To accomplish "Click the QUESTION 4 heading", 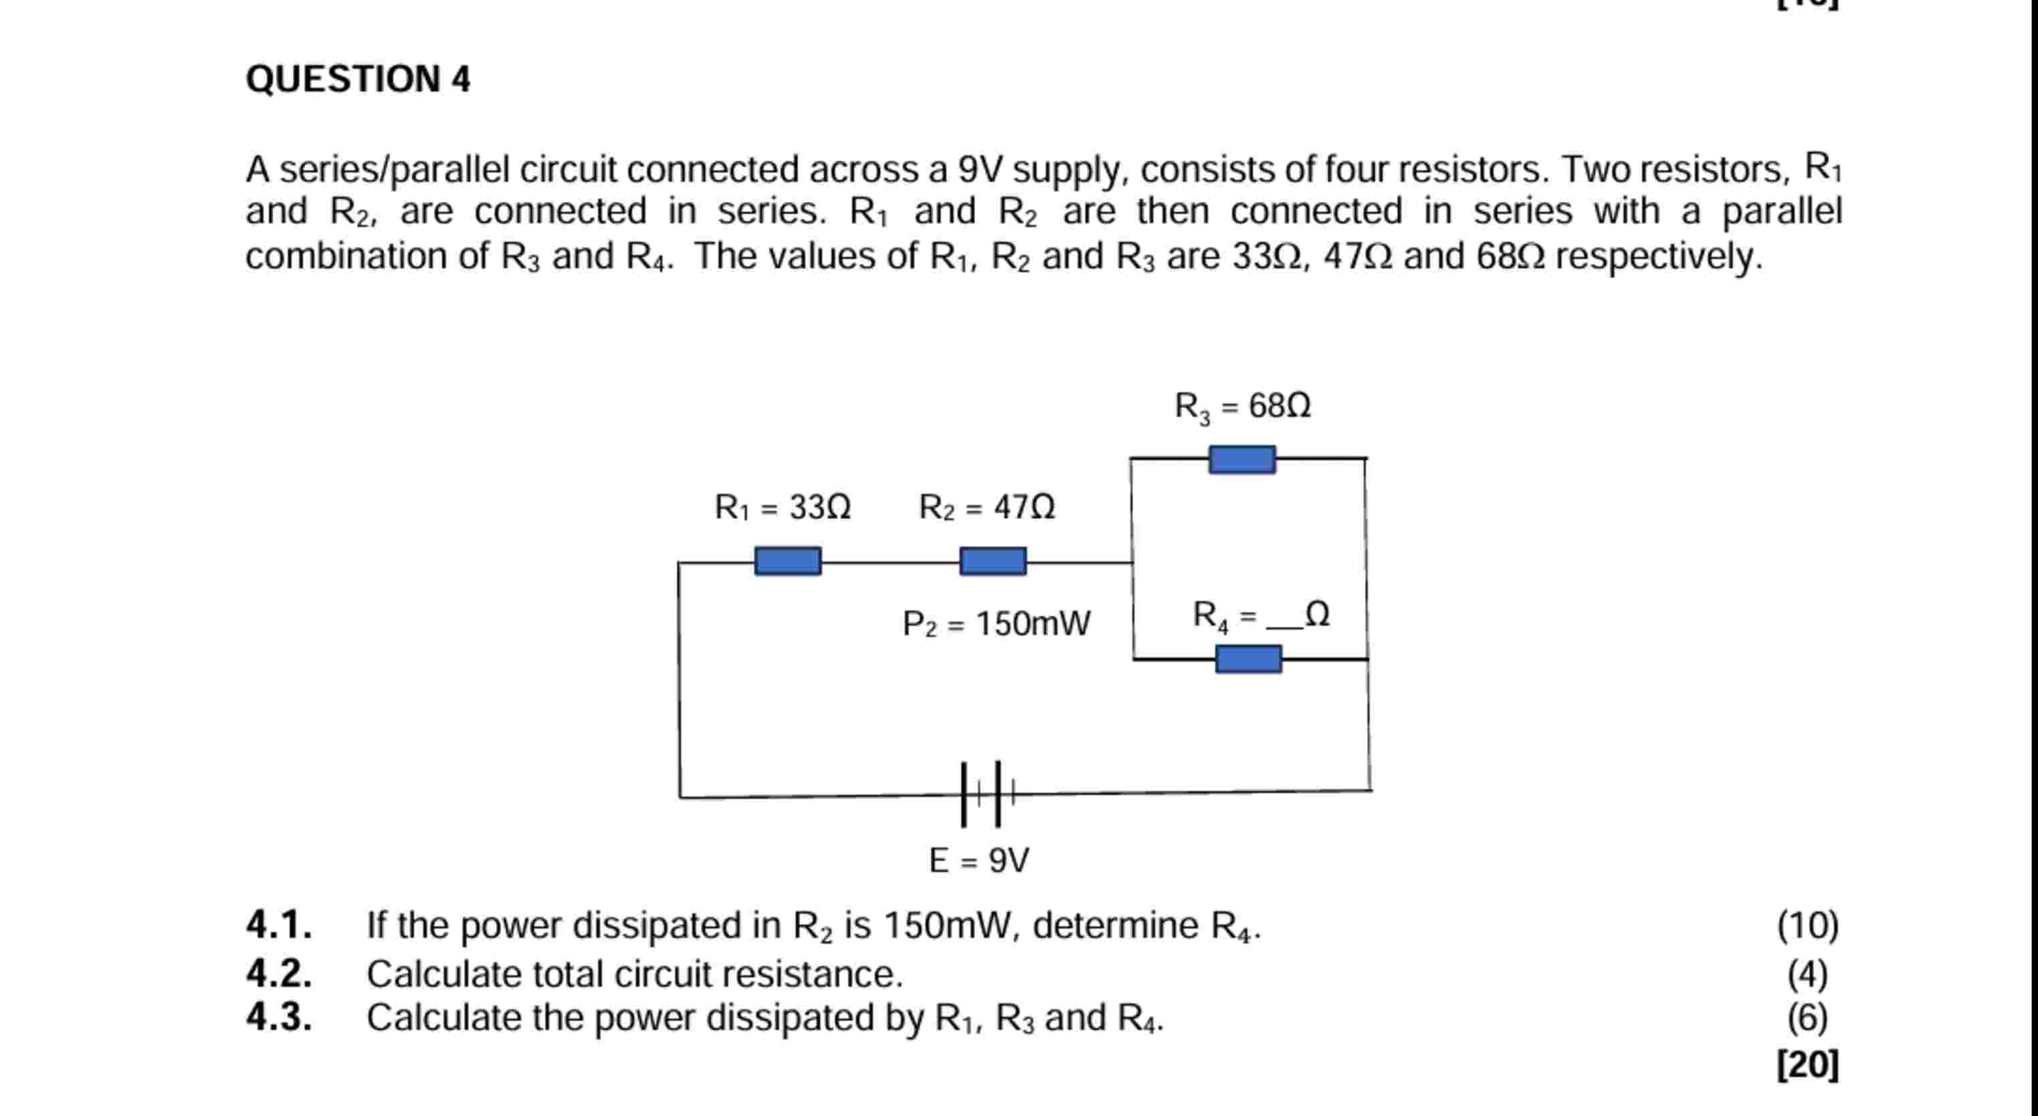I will click(x=358, y=79).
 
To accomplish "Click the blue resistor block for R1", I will click(x=787, y=561).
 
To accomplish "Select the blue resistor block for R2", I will click(x=993, y=561).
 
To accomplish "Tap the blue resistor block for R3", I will click(x=1241, y=459).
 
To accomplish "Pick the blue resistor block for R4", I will click(x=1247, y=659).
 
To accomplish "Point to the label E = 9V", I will click(x=979, y=861).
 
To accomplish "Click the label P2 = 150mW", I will click(x=996, y=624).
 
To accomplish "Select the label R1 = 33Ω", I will click(x=783, y=507).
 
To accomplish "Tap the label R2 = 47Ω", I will click(x=987, y=507).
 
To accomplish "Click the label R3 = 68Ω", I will click(x=1242, y=407).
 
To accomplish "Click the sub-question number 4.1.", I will click(x=278, y=925).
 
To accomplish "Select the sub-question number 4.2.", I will click(x=278, y=974).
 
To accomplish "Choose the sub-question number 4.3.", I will click(x=278, y=1017).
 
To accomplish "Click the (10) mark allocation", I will click(x=1808, y=925).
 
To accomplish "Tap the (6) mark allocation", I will click(x=1808, y=1018).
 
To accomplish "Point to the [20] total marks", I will click(x=1808, y=1065).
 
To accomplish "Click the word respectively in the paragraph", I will click(x=1659, y=257).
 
